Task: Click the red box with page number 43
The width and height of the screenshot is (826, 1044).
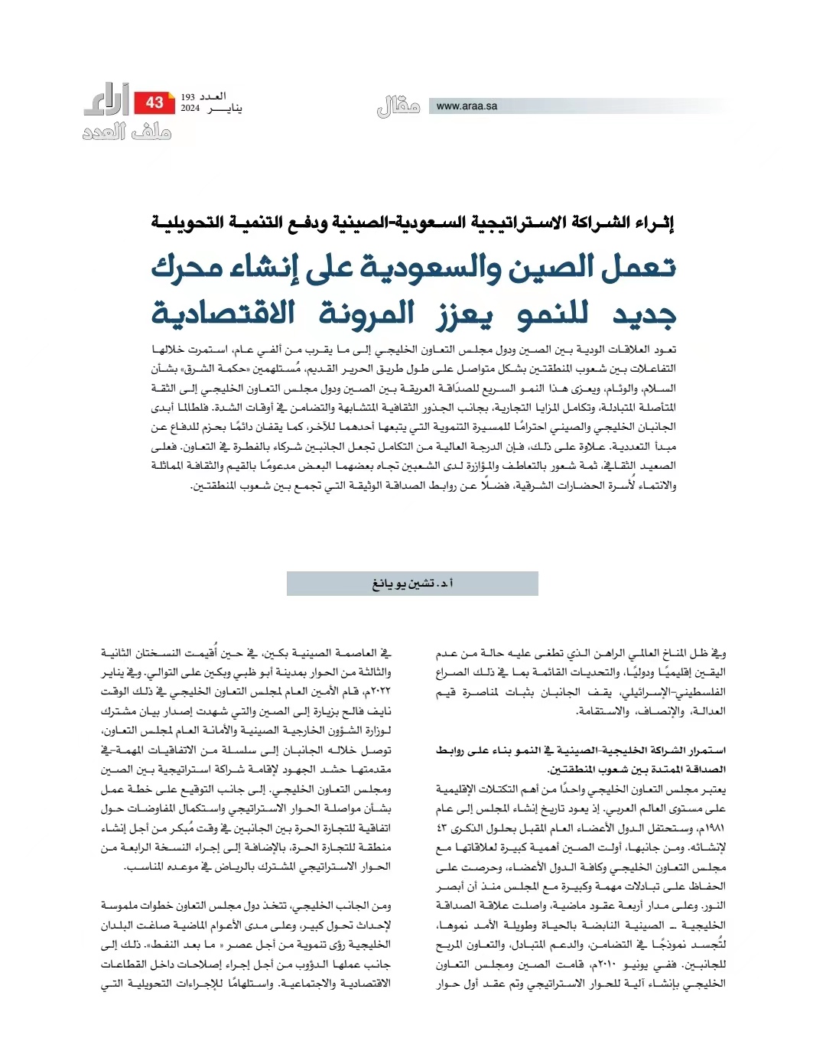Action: (x=154, y=102)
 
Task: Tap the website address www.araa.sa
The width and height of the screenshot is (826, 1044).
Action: (x=467, y=106)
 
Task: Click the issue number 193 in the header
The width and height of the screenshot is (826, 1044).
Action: (x=188, y=97)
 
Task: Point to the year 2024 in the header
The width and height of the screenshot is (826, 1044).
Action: (x=190, y=109)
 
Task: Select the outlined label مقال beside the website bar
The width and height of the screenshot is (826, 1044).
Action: (x=398, y=106)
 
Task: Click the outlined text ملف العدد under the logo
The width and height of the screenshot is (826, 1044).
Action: (x=127, y=133)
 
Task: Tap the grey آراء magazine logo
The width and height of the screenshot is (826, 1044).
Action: (x=106, y=99)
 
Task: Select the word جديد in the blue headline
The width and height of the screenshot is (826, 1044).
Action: (x=644, y=312)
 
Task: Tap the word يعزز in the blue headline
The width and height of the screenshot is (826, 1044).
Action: (x=465, y=312)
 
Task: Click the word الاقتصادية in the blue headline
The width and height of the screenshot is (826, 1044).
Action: (x=223, y=312)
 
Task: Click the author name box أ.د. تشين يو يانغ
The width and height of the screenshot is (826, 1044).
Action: (x=412, y=584)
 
